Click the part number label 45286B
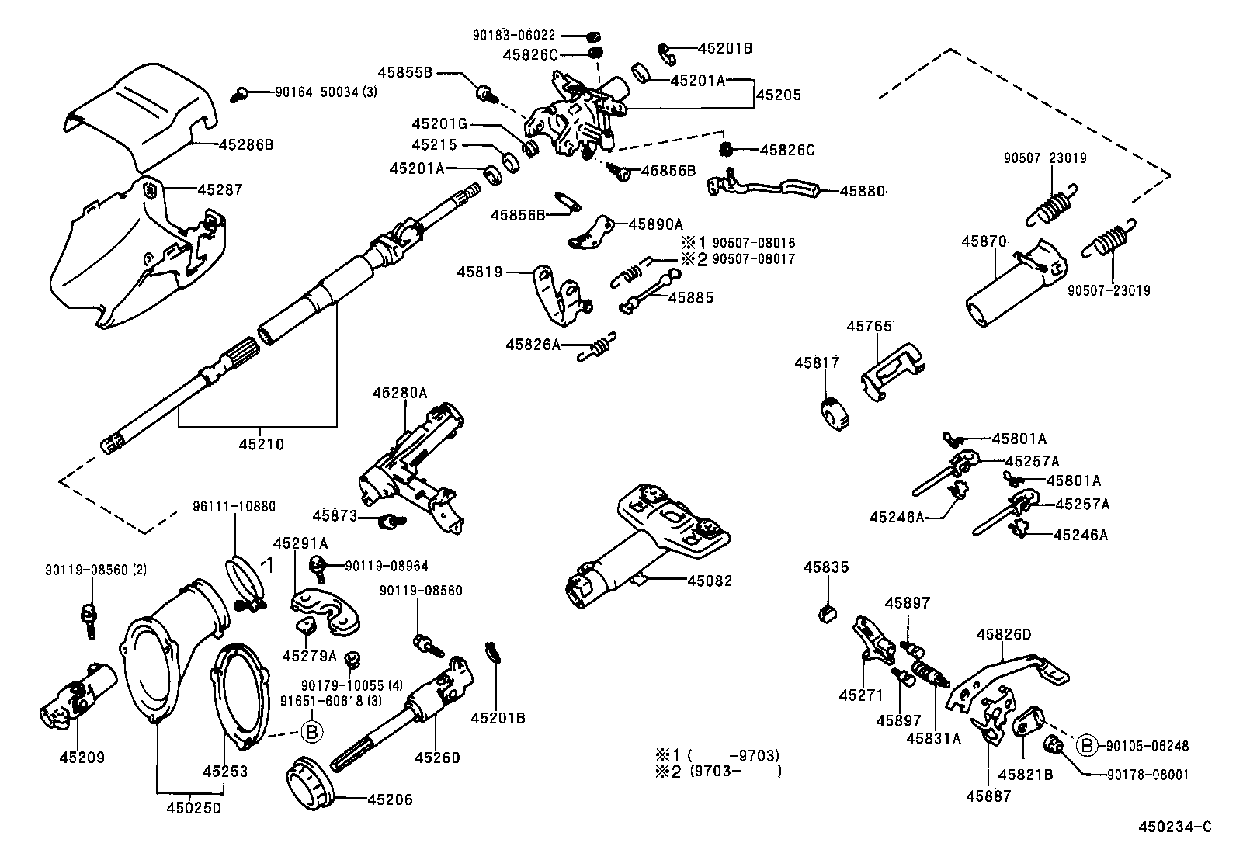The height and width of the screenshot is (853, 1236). tap(246, 144)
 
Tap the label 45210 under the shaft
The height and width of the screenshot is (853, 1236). tap(261, 445)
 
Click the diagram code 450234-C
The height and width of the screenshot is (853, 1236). tap(1175, 827)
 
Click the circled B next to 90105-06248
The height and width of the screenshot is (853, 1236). tap(1087, 746)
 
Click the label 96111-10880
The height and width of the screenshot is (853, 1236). tap(234, 507)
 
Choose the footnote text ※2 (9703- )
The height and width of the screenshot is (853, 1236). tap(717, 771)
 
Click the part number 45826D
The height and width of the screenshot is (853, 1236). tap(1003, 634)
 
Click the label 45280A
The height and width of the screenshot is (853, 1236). tap(399, 393)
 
